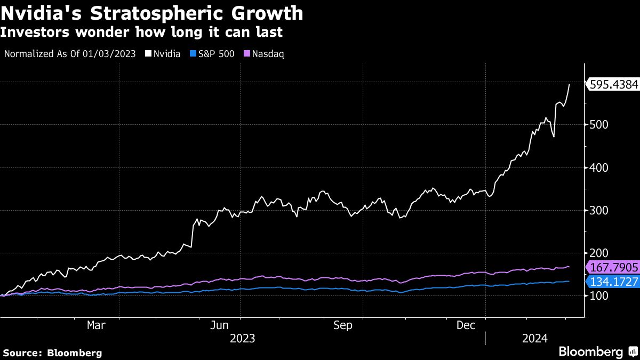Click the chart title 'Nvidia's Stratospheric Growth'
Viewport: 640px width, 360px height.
pyautogui.click(x=152, y=13)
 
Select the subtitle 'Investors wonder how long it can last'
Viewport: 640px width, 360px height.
pyautogui.click(x=141, y=33)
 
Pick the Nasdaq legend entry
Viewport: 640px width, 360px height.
pyautogui.click(x=265, y=54)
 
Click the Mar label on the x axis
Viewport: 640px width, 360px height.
pyautogui.click(x=97, y=325)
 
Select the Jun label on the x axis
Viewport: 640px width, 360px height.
pyautogui.click(x=220, y=325)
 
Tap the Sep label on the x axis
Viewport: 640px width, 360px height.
pyautogui.click(x=342, y=325)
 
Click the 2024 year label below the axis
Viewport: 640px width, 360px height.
pyautogui.click(x=534, y=338)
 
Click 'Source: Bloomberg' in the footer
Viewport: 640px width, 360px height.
pyautogui.click(x=52, y=353)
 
